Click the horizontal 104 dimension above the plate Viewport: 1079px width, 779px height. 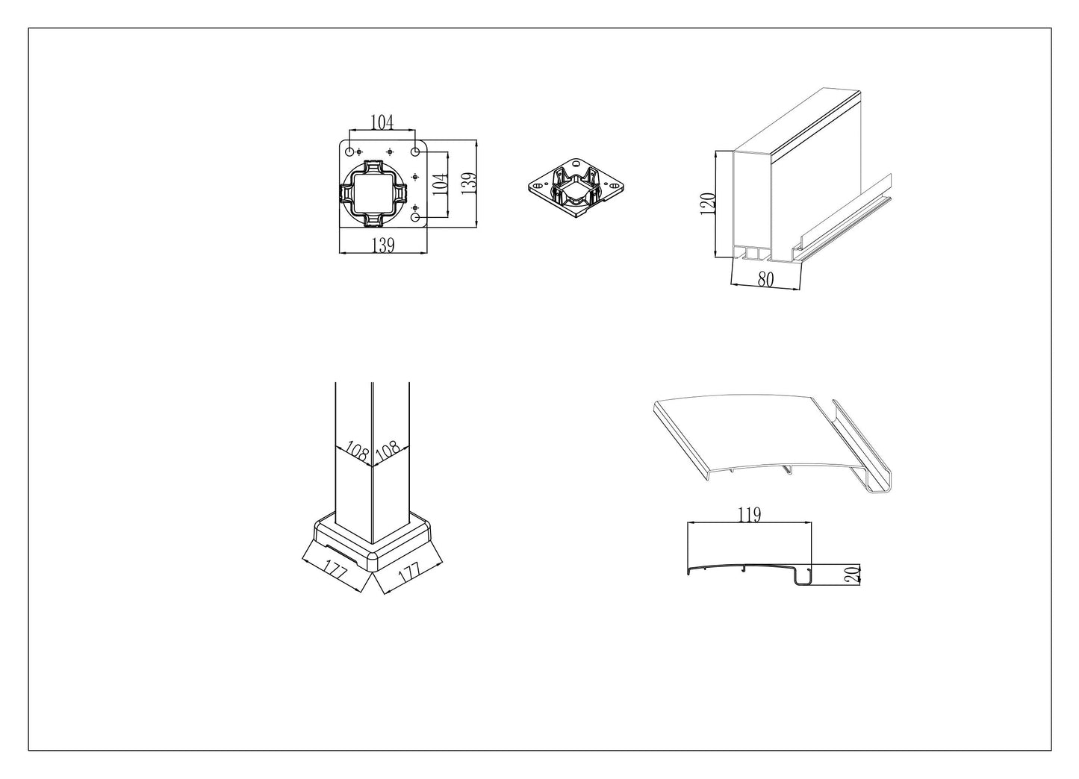[x=382, y=122]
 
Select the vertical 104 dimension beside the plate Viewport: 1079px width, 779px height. [x=441, y=184]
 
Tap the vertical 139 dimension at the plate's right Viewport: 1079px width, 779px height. [x=469, y=184]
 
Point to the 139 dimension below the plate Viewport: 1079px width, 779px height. [x=383, y=245]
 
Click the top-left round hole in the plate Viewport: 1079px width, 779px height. [x=349, y=152]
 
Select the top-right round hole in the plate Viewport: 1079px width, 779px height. [x=414, y=152]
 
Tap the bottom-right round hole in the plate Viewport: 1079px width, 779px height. [x=415, y=217]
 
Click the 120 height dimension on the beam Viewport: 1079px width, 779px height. [x=707, y=204]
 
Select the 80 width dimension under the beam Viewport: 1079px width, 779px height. [x=766, y=279]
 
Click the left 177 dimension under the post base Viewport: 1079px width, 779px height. [x=336, y=571]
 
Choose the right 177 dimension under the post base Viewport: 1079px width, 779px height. [x=409, y=573]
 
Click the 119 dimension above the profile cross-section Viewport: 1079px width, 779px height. [x=750, y=515]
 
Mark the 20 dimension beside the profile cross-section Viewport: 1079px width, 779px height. [x=853, y=575]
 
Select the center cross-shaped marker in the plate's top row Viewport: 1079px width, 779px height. [x=389, y=152]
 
